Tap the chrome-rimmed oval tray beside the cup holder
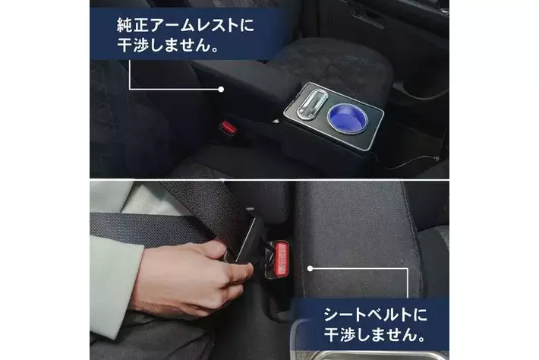tap(310, 104)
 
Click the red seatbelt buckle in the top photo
tap(228, 128)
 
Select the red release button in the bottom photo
tap(282, 258)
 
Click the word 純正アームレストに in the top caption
tap(185, 25)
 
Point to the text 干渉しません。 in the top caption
tap(169, 45)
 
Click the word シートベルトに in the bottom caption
tap(375, 314)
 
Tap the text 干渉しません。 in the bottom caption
tap(375, 334)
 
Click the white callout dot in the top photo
tap(221, 90)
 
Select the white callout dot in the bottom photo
tap(310, 269)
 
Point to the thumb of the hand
tap(237, 270)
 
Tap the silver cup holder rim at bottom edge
tap(368, 354)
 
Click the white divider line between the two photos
tap(269, 179)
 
